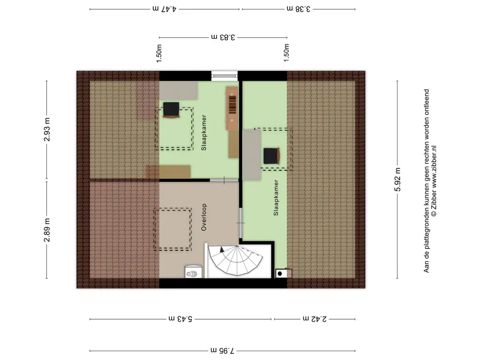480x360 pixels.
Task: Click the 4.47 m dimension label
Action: [x=165, y=9]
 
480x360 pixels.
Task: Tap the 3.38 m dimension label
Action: [x=299, y=9]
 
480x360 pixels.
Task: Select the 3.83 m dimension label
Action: [x=223, y=37]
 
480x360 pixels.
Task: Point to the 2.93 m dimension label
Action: [x=47, y=129]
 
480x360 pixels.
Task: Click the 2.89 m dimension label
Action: [x=47, y=230]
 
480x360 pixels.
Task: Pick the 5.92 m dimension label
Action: [x=397, y=180]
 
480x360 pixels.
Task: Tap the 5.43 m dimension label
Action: [x=180, y=319]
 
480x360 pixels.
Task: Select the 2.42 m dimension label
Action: [x=315, y=319]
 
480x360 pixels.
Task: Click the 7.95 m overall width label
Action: [x=222, y=350]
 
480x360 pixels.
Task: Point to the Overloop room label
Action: [x=204, y=217]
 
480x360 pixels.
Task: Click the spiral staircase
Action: [x=235, y=260]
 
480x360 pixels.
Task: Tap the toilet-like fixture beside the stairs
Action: [x=194, y=272]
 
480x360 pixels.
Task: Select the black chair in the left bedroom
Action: [x=171, y=110]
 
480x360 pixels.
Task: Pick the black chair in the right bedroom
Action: [x=271, y=156]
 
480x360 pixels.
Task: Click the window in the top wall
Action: [x=225, y=75]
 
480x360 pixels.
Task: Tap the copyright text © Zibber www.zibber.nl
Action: [x=434, y=181]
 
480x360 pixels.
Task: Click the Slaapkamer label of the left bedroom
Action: [x=204, y=133]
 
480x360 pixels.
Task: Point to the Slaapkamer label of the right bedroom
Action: [x=276, y=198]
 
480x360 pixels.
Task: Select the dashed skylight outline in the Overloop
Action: [x=172, y=230]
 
